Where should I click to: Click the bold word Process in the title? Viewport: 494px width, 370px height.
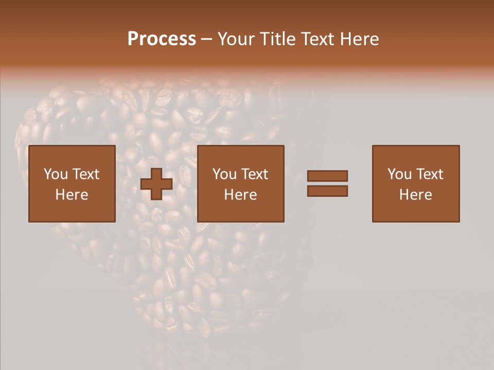coord(162,39)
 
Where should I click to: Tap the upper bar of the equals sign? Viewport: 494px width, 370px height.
coord(327,176)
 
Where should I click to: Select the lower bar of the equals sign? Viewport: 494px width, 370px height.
coord(327,191)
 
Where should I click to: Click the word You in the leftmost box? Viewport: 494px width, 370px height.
coord(55,174)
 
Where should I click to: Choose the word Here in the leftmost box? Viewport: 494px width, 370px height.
coord(72,195)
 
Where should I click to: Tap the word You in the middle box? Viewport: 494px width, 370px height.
coord(224,174)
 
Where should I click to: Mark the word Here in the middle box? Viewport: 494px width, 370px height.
coord(240,195)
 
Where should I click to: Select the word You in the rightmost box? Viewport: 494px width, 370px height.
coord(399,174)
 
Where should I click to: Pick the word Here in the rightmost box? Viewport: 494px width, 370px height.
coord(415,195)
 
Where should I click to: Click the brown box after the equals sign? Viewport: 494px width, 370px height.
coord(416,211)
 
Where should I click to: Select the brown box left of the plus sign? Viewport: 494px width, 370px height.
coord(72,211)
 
